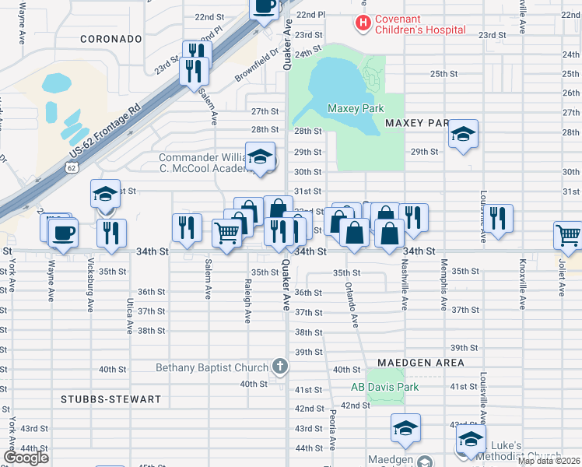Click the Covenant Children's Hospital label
pos(420,24)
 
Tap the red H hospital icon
pos(362,23)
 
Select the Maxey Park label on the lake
pos(352,109)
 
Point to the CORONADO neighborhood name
pos(111,38)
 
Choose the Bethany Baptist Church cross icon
pos(280,367)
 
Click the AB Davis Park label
pos(384,387)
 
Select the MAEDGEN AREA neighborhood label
pos(421,363)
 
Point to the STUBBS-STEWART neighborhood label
pos(110,399)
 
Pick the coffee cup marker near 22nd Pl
pos(264,7)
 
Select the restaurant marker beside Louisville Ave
pos(498,218)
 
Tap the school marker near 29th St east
pos(463,135)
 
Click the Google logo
pos(26,458)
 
